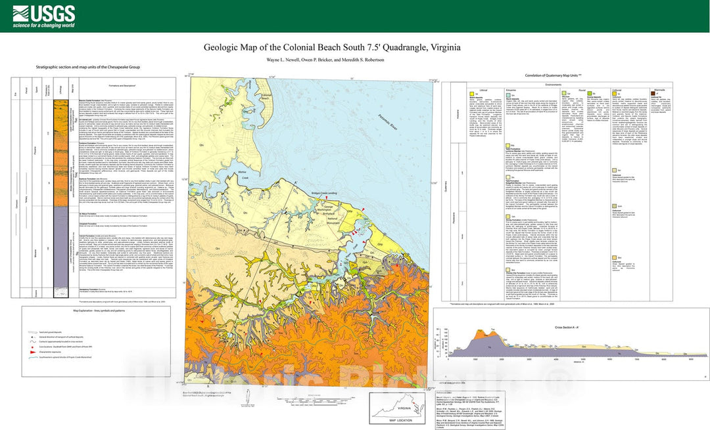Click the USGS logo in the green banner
pos(39,12)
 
